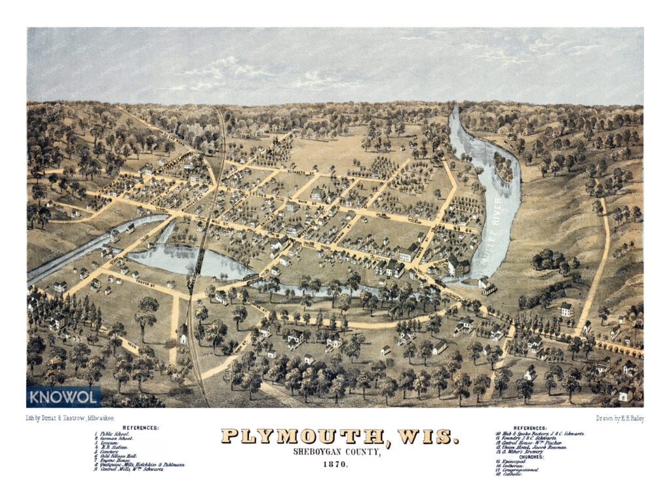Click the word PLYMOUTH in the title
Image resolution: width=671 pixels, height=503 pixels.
click(x=303, y=436)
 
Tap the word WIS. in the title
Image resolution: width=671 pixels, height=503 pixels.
click(x=425, y=436)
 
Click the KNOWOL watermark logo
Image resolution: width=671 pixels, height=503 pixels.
click(x=64, y=396)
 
